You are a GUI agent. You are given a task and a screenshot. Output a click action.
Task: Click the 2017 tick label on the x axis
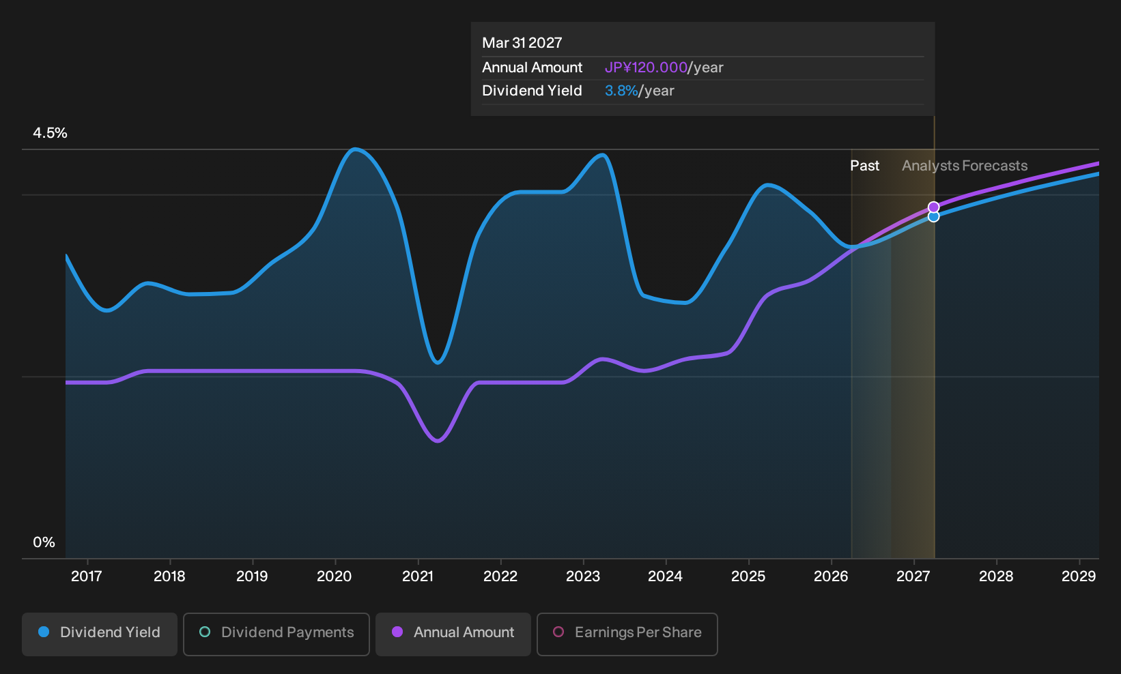pos(87,576)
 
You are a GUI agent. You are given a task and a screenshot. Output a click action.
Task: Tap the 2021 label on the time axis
pos(417,576)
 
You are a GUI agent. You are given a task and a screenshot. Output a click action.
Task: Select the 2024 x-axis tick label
pos(665,576)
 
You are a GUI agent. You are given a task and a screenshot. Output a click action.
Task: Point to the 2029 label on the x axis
pos(1079,576)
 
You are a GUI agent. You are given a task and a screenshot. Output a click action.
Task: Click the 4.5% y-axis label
pos(50,133)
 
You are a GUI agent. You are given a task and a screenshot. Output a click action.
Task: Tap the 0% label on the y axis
pos(44,542)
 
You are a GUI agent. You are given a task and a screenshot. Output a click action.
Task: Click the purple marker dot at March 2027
pos(933,207)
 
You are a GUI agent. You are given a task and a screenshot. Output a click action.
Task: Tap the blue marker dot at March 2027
pos(933,216)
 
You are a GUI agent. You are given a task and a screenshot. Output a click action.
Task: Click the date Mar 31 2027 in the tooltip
pos(522,43)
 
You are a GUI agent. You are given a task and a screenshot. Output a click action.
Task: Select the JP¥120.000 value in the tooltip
pos(646,68)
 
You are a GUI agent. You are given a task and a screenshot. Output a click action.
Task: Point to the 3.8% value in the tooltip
pos(621,91)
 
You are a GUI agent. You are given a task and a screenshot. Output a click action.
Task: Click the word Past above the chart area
pos(865,166)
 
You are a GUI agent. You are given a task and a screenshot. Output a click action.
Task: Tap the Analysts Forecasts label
pos(965,166)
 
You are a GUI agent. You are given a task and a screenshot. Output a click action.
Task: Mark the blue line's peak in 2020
pos(355,149)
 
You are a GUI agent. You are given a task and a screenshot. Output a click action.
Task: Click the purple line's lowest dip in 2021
pos(438,441)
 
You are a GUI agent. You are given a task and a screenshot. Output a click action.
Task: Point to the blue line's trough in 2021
pos(438,362)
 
